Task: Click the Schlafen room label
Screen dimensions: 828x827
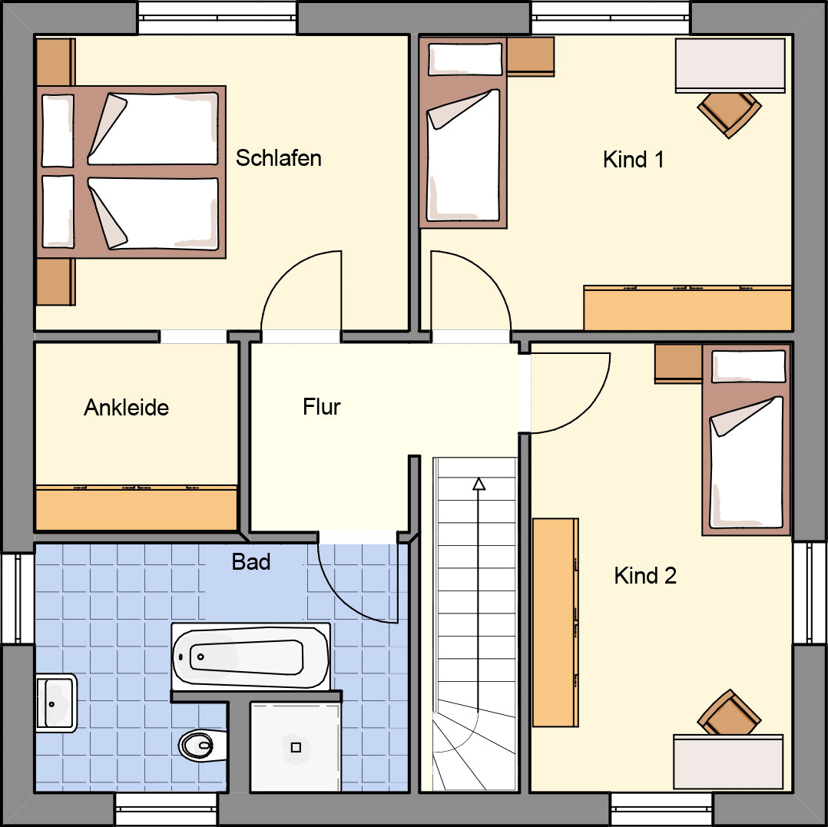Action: coord(278,158)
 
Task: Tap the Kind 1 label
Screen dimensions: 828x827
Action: coord(633,160)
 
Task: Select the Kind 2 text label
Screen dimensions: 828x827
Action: coord(644,575)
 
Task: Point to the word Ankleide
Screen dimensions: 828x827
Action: coord(126,408)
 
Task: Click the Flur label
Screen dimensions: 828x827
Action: coord(322,406)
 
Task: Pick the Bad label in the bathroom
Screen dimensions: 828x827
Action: coord(251,562)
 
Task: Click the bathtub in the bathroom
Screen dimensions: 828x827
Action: coord(251,657)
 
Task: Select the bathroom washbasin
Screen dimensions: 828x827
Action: coord(56,703)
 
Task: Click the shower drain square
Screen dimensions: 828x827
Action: coord(296,747)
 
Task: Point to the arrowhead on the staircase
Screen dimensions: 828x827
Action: coord(479,484)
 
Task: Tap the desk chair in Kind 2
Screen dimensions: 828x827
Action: coord(729,713)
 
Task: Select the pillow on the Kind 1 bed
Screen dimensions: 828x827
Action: coord(465,59)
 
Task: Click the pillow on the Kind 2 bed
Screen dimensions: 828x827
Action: coord(749,366)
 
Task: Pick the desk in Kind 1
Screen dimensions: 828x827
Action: coord(730,65)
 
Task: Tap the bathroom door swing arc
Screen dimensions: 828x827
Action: coord(346,600)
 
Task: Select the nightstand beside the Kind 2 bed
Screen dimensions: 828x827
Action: coord(678,364)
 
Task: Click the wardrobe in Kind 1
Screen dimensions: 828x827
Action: coord(687,309)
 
